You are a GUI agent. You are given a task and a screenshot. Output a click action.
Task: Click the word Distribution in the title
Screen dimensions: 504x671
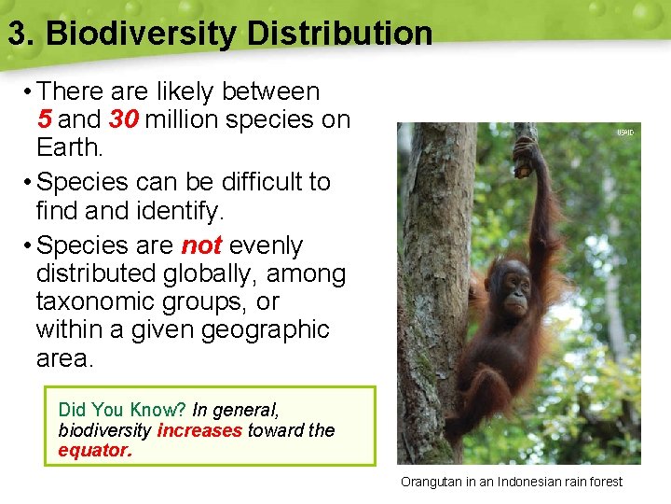tap(339, 34)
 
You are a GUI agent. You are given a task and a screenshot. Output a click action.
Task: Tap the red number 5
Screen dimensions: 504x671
tap(44, 119)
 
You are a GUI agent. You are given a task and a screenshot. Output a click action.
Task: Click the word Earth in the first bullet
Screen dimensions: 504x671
tap(67, 147)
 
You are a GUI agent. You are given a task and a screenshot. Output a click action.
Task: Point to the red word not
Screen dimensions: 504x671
tap(200, 245)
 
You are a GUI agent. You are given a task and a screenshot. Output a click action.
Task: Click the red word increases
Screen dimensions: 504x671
tap(199, 430)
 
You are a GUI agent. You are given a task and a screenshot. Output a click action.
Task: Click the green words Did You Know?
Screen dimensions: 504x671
tap(122, 410)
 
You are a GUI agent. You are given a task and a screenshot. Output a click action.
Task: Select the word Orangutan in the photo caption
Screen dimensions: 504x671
tap(434, 482)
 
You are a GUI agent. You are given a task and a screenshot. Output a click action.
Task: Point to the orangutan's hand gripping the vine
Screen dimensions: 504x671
tap(526, 149)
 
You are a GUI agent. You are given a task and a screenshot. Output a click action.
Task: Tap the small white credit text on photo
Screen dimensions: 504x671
tap(624, 133)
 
